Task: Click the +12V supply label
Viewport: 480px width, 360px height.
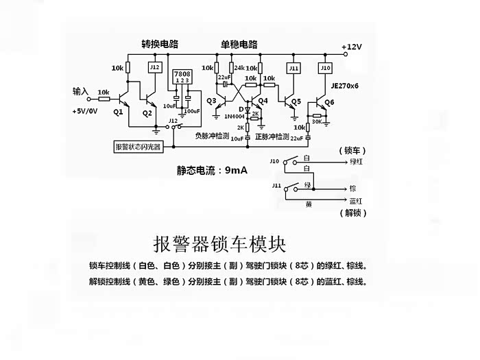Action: [352, 47]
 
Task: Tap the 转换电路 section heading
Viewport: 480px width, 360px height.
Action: [160, 44]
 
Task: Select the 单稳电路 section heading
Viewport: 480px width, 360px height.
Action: [239, 44]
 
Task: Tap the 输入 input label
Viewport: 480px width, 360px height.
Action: [82, 91]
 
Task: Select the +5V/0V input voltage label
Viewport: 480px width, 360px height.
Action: [84, 110]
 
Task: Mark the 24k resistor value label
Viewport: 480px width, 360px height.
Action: [239, 68]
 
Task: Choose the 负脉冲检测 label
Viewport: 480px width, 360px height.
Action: [214, 136]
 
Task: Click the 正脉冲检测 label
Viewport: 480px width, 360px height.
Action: [272, 136]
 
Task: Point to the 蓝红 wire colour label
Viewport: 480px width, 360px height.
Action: [356, 201]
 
